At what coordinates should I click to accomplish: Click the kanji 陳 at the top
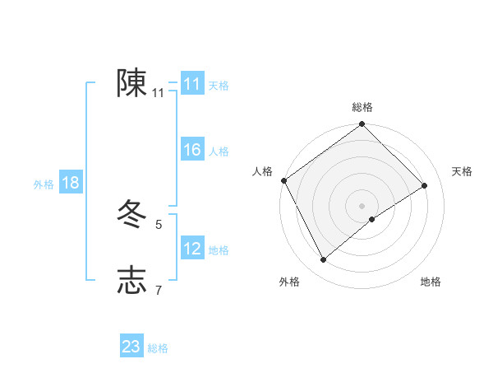tap(132, 83)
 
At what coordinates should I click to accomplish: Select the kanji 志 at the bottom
tap(132, 280)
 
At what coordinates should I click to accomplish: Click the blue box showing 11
tap(192, 84)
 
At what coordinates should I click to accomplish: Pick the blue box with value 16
tap(192, 150)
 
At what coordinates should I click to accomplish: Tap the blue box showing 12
tap(192, 249)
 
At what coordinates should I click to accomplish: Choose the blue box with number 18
tap(71, 183)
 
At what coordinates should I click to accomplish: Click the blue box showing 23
tap(131, 347)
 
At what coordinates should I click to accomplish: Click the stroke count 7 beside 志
tap(159, 289)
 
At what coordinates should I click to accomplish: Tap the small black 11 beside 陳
tap(159, 93)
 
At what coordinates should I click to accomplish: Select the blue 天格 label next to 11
tap(219, 86)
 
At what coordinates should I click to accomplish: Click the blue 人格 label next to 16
tap(219, 152)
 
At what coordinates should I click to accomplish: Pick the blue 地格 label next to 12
tap(219, 250)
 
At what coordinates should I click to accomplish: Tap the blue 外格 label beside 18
tap(44, 184)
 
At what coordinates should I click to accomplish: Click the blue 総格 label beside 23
tap(158, 348)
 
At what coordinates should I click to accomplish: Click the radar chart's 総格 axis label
tap(362, 107)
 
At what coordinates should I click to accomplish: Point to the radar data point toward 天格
tap(425, 185)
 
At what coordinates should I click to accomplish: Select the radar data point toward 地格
tap(372, 218)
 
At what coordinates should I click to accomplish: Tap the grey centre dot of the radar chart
tap(362, 205)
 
